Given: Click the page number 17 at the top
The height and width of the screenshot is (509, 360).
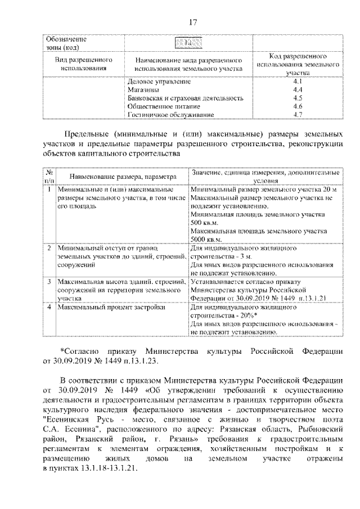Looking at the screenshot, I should pos(192,22).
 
